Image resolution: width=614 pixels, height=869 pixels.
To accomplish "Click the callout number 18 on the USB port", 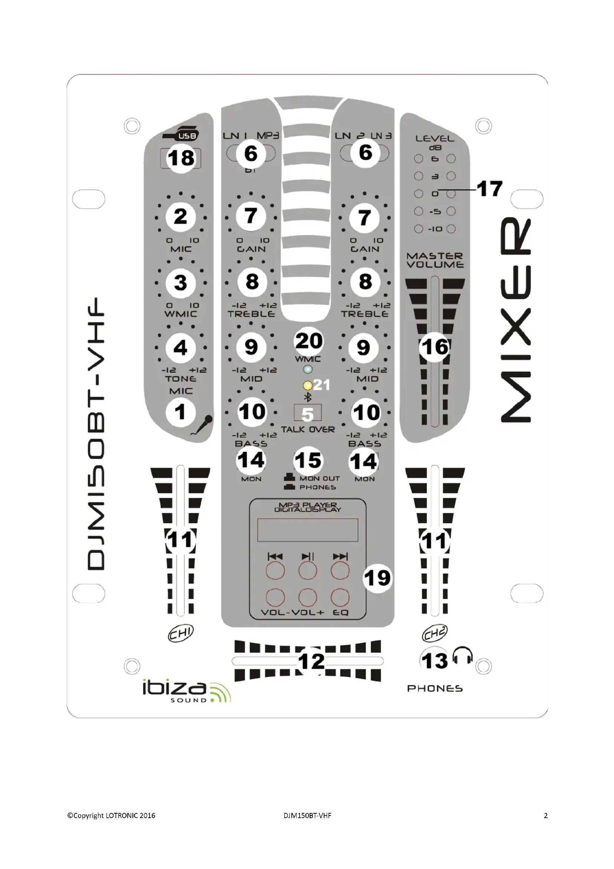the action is (x=181, y=158).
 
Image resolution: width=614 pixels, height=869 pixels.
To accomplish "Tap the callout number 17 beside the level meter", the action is (x=490, y=188).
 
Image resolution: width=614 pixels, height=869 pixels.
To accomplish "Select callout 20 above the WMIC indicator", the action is (x=308, y=341).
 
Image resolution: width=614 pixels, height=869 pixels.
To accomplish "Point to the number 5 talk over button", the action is (x=308, y=414).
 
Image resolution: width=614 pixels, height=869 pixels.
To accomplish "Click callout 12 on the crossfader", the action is (x=311, y=661).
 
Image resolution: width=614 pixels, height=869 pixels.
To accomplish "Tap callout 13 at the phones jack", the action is (x=434, y=661).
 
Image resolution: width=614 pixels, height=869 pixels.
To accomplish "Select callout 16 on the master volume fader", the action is (x=435, y=347).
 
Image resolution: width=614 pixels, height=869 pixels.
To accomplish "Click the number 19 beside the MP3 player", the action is (x=377, y=578).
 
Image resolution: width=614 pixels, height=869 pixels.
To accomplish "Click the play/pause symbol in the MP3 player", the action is (x=308, y=557).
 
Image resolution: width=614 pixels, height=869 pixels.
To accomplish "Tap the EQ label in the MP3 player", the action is (x=340, y=612).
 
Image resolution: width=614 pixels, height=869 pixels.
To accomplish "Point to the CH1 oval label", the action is (x=181, y=633).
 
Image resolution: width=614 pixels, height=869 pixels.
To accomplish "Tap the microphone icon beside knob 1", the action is (x=203, y=424).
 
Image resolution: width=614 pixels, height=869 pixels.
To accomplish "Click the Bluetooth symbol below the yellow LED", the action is (x=308, y=398).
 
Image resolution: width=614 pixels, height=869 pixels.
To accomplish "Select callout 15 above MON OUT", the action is (x=308, y=461).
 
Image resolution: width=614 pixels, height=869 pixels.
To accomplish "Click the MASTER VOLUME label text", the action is (x=435, y=260).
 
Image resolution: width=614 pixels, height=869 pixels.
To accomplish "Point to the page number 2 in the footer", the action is (x=545, y=816).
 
